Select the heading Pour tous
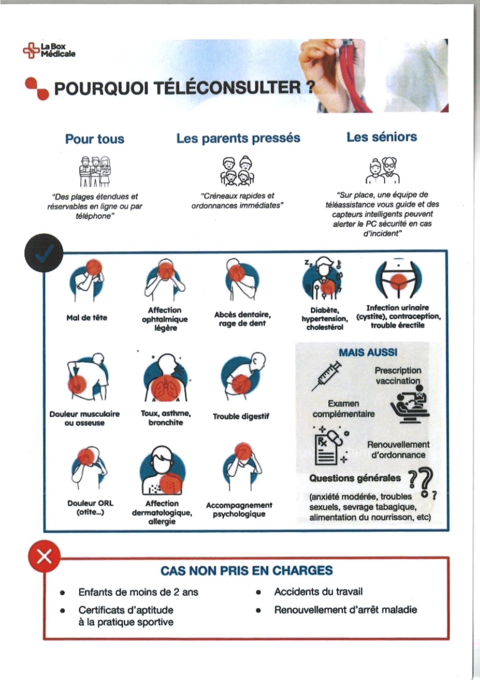pos(95,139)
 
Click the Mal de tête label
pos(87,318)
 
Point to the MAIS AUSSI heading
pos(368,352)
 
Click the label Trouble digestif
pos(241,416)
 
